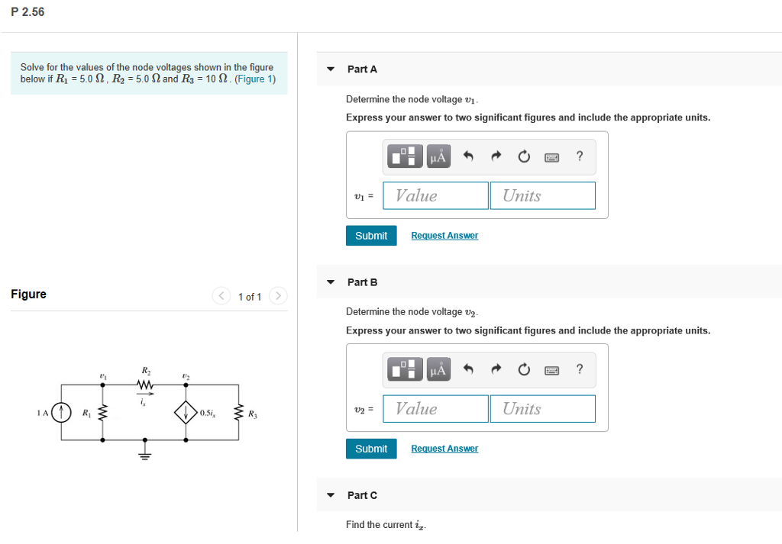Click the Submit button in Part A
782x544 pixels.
371,236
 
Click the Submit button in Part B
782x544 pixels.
371,449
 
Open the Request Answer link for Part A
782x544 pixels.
444,236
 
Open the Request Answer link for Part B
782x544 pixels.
444,449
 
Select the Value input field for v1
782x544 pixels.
436,195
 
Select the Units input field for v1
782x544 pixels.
542,195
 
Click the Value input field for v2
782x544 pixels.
436,408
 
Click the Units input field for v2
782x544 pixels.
542,408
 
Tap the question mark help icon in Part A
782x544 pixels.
580,156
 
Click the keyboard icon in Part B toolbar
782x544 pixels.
551,370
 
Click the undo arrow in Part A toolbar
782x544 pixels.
469,156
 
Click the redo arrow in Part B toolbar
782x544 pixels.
496,370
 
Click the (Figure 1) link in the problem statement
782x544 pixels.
255,79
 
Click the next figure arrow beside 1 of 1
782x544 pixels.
279,296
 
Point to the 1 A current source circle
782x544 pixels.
61,413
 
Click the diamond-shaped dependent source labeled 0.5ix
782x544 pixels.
186,413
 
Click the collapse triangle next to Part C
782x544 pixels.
330,495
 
